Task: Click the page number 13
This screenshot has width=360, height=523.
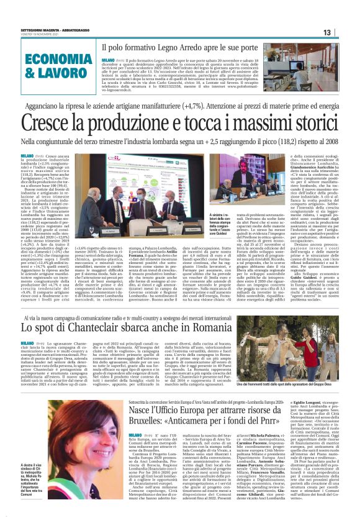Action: (344, 32)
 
